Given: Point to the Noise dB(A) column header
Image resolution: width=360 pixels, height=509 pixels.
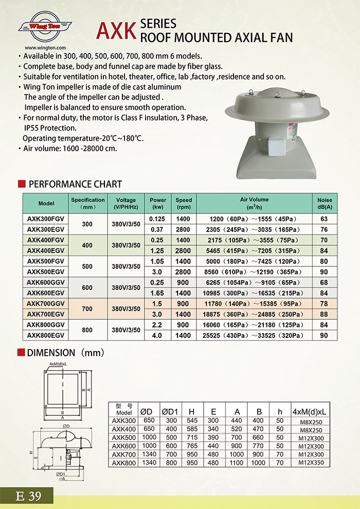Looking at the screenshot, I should (325, 203).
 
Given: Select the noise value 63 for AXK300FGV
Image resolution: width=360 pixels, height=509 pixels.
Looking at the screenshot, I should (324, 219).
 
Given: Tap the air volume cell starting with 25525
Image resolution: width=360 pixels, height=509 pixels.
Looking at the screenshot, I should (254, 335).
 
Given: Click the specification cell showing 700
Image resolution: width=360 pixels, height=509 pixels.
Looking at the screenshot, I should (87, 308).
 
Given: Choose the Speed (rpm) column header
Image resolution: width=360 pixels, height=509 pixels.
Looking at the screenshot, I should (184, 203).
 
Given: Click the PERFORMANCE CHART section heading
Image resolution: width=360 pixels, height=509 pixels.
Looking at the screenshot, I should (75, 184).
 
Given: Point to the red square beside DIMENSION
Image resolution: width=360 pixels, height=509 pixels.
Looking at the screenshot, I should (21, 353).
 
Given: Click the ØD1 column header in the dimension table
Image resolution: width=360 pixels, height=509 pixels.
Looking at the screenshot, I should (170, 412).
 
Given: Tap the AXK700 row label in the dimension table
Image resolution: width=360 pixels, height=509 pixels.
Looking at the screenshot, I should (124, 455).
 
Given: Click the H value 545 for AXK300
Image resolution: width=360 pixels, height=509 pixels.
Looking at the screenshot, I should (192, 420).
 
